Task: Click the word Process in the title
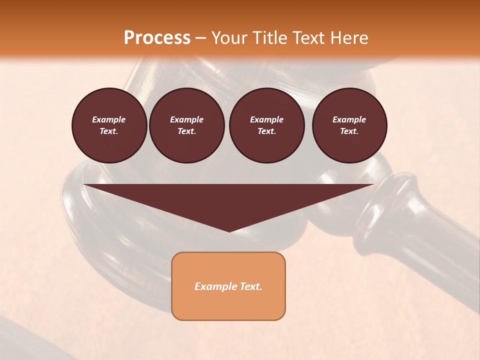157,38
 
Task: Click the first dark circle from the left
109,125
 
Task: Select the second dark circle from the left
186,125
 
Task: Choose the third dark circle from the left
266,125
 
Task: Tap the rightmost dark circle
349,125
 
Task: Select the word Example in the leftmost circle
109,119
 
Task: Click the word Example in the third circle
266,119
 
